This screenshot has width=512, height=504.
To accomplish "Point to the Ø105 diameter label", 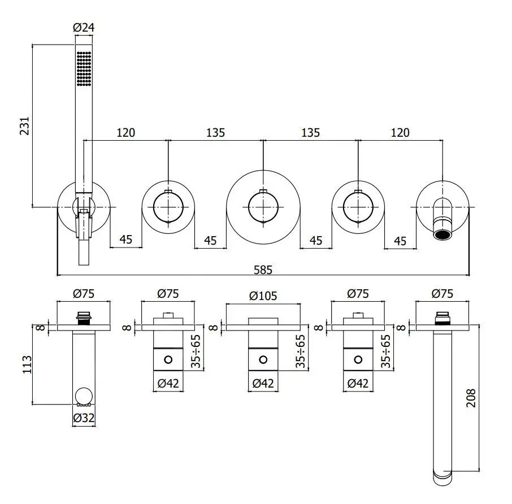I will (263, 294).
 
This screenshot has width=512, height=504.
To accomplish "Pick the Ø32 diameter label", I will (84, 418).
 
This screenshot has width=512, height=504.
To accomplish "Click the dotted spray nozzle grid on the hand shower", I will (84, 68).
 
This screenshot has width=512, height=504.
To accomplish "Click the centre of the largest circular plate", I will (263, 207).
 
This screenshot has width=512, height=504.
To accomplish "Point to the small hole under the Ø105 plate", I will (263, 359).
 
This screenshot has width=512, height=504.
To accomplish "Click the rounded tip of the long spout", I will (442, 478).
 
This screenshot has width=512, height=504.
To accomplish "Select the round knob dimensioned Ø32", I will (84, 396).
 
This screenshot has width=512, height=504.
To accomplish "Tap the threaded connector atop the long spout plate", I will (442, 318).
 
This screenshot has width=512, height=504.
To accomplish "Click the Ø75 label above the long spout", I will (442, 294).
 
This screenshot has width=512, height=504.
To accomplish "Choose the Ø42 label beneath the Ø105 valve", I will (263, 383).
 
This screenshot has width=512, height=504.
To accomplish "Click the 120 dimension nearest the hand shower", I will (125, 133).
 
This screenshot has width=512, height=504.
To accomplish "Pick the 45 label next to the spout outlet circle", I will (400, 241).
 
